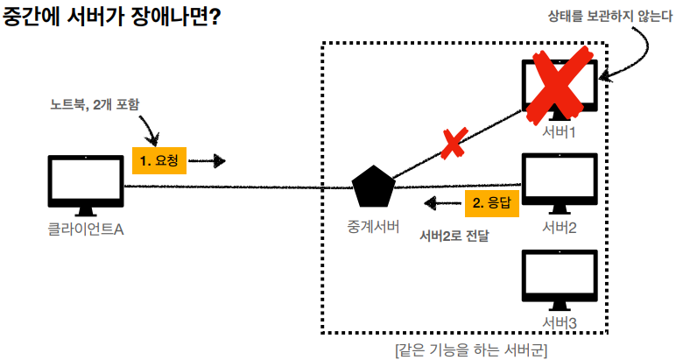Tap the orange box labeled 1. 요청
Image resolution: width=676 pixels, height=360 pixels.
[158, 160]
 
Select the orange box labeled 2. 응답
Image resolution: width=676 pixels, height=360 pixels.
[493, 203]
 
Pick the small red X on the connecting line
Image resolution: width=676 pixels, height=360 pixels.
[452, 145]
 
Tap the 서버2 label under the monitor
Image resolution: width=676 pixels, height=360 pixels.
[559, 229]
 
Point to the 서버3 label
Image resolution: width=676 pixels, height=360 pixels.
[559, 324]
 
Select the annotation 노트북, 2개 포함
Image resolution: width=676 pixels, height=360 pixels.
[95, 104]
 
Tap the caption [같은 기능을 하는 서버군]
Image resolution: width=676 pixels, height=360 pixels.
[471, 349]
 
